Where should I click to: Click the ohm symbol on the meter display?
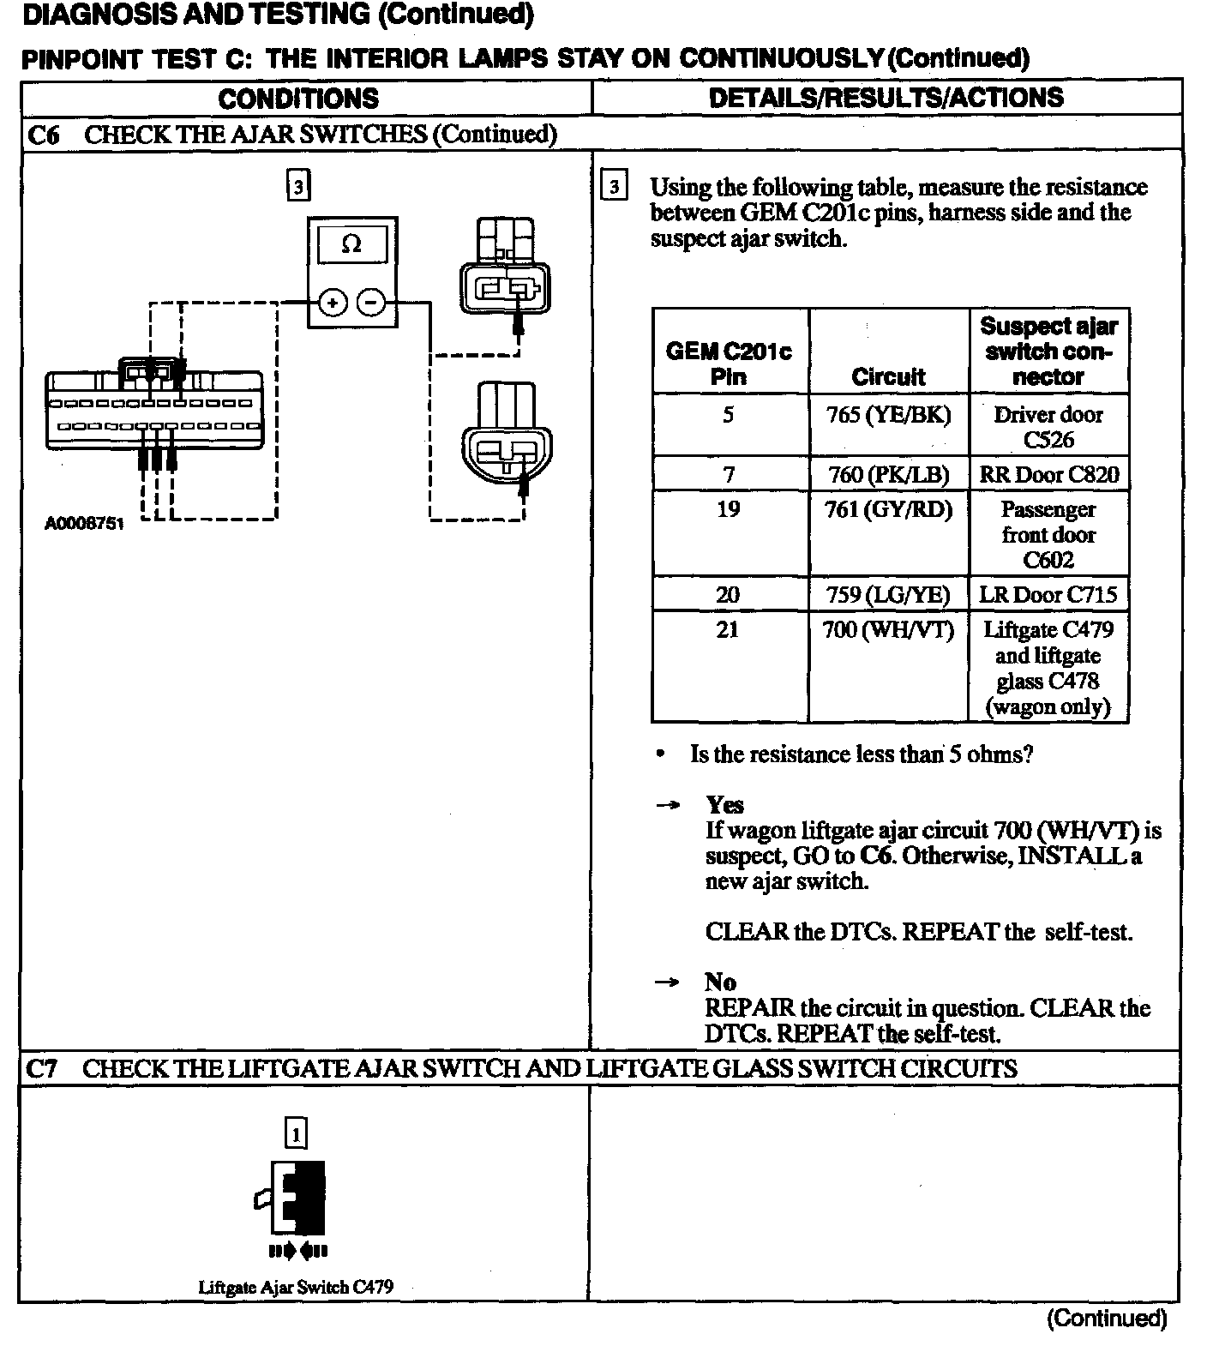[351, 244]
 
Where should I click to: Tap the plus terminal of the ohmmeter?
[333, 303]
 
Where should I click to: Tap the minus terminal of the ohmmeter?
[371, 303]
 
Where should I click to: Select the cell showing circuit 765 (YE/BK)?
[888, 416]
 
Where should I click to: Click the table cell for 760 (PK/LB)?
[888, 474]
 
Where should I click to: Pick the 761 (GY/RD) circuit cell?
[888, 510]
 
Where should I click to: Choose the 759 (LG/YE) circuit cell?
[888, 594]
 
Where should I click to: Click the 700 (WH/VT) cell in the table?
[888, 630]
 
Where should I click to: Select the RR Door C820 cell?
[1048, 474]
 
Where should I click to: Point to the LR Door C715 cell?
[1048, 594]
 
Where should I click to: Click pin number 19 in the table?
[728, 510]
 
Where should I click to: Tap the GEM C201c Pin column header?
[729, 364]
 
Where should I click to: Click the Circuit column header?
[888, 376]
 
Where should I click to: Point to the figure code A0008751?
[84, 524]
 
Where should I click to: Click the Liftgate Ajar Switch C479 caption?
[296, 1287]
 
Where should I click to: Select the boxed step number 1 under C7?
[296, 1134]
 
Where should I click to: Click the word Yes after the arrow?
[725, 805]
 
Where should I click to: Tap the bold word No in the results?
[721, 982]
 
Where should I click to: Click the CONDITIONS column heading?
[298, 99]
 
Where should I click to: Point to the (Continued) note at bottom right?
[1107, 1318]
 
